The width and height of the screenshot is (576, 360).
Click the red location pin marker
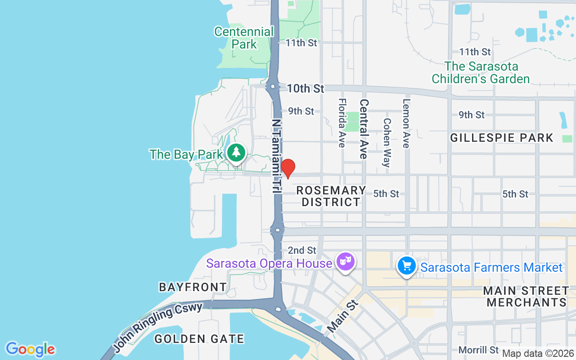(x=288, y=168)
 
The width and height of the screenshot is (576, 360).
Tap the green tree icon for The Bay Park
(x=236, y=153)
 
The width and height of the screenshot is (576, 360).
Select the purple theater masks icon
(x=346, y=261)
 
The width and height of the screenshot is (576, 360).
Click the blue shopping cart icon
(x=407, y=265)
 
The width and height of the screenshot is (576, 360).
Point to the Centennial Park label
(x=244, y=38)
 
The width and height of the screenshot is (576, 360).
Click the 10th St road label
(x=305, y=89)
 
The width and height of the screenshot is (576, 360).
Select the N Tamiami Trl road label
(x=276, y=156)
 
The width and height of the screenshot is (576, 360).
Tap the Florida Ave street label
(x=342, y=123)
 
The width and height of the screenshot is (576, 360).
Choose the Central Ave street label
(x=364, y=129)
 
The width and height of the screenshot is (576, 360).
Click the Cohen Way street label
(x=387, y=142)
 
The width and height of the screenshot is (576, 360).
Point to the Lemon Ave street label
(x=406, y=123)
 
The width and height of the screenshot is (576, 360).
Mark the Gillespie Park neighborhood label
(x=501, y=138)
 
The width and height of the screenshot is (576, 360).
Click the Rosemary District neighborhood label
(x=331, y=196)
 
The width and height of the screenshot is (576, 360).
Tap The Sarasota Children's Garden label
(x=481, y=72)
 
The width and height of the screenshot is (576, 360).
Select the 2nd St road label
(x=302, y=250)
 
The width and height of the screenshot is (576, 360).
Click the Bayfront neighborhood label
(x=193, y=287)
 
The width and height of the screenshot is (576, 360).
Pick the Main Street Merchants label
(x=526, y=296)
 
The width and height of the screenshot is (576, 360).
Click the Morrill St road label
(x=478, y=350)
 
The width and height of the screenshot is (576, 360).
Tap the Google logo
(x=30, y=349)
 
